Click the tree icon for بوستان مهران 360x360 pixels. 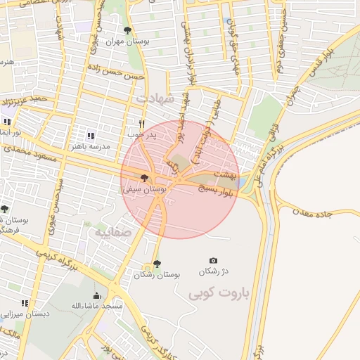click(x=127, y=30)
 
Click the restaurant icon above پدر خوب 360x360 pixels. click(x=141, y=122)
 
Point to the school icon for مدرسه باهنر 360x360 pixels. click(x=90, y=136)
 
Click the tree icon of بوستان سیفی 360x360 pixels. click(x=144, y=179)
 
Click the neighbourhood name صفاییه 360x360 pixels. click(x=113, y=230)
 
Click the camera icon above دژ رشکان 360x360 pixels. click(x=214, y=260)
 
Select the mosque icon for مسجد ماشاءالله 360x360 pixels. click(x=96, y=295)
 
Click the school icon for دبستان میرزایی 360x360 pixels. click(x=25, y=303)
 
